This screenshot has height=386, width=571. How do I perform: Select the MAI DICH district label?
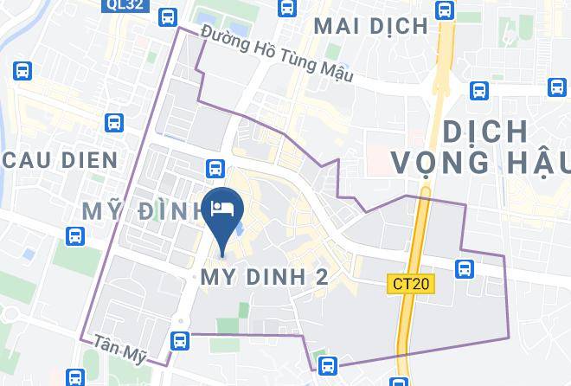[370, 26]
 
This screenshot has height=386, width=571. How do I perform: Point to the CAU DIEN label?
[60, 160]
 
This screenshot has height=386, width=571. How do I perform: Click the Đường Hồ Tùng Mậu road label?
[276, 54]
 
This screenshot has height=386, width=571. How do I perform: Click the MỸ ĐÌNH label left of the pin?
[138, 209]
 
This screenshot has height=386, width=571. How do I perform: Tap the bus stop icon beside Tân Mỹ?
[179, 340]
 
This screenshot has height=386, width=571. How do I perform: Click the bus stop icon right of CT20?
[465, 268]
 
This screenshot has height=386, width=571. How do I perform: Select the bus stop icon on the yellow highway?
[445, 10]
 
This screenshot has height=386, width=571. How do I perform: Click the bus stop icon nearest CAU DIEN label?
[113, 124]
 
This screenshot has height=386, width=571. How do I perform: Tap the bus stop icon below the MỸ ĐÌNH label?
[75, 235]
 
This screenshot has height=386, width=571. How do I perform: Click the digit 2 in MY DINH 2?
[321, 277]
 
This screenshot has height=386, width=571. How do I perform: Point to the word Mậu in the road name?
[337, 74]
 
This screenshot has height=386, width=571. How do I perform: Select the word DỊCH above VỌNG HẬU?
[484, 132]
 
